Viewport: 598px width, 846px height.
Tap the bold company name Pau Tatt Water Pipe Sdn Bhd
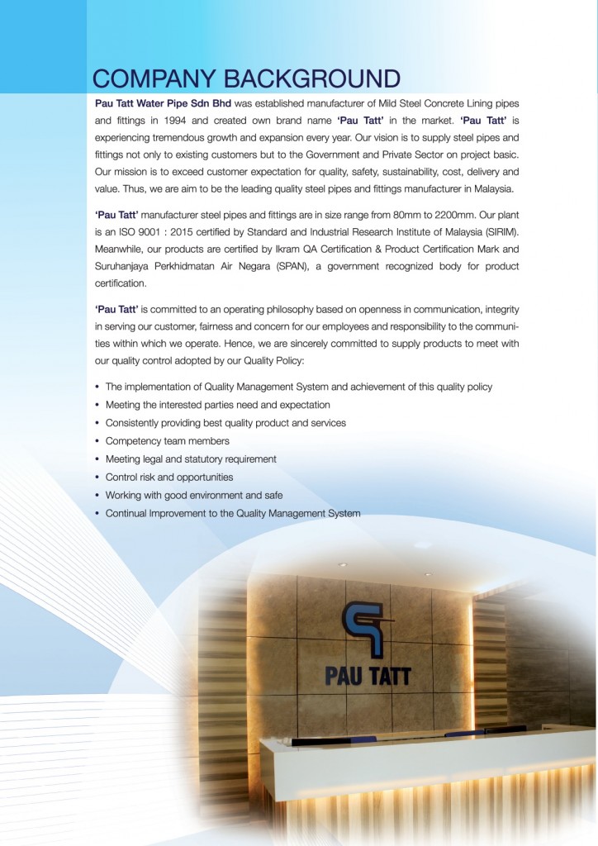163,103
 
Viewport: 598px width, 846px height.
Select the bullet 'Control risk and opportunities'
168,477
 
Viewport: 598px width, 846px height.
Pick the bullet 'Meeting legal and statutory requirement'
190,459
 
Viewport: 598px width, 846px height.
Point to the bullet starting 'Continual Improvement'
232,513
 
